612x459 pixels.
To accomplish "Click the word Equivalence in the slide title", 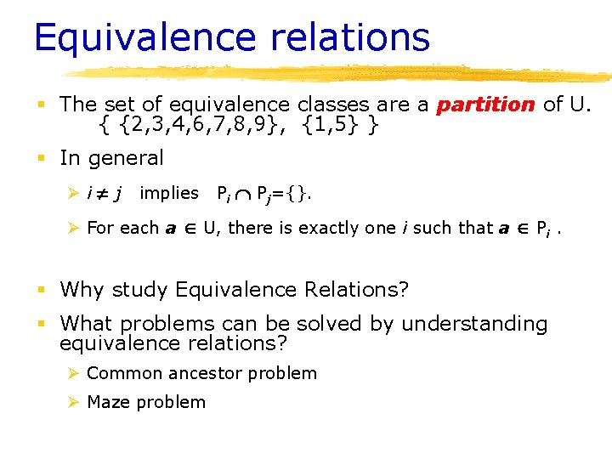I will [x=133, y=38].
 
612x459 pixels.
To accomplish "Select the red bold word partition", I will [x=485, y=105].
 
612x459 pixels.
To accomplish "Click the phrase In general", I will [x=111, y=158].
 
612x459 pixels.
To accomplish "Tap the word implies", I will [x=168, y=193].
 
